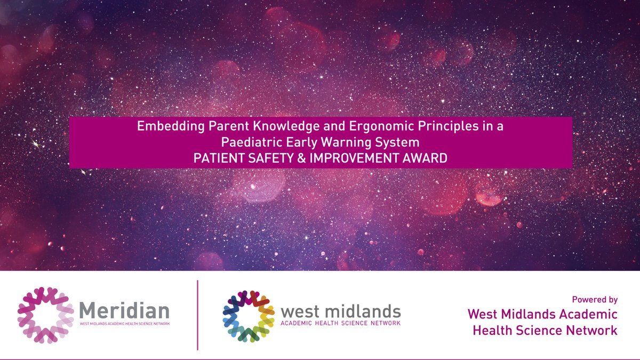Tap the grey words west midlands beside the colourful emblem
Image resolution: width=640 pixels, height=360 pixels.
pos(340,310)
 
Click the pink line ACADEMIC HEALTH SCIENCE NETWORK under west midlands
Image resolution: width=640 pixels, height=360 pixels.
pos(340,323)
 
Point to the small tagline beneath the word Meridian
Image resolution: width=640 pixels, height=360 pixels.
pos(124,324)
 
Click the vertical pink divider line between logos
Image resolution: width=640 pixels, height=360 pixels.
pos(198,315)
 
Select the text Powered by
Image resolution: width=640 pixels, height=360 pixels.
pos(594,300)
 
